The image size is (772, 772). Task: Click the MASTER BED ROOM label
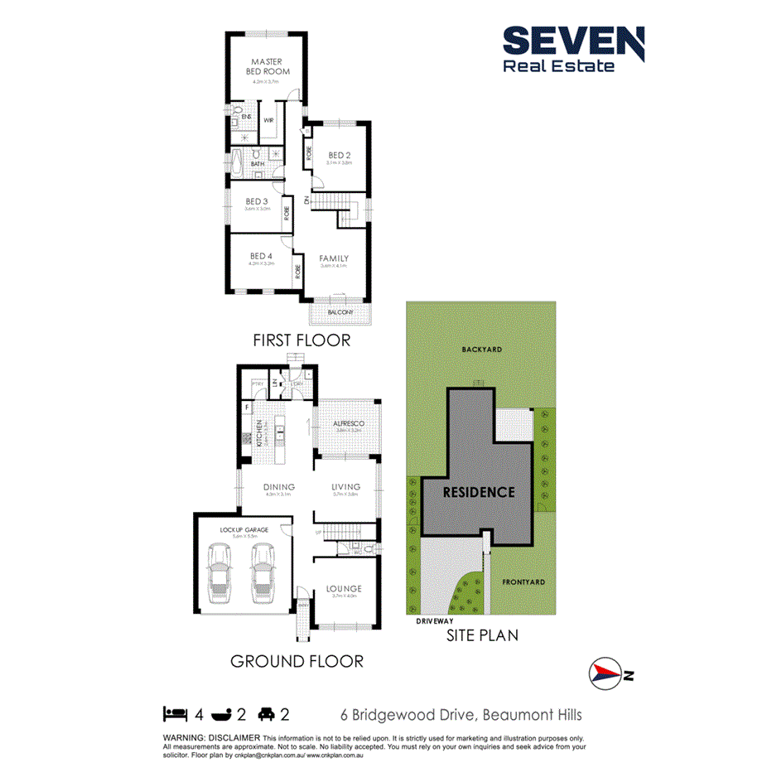[267, 66]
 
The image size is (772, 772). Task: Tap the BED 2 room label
[340, 155]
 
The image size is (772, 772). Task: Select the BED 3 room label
[257, 201]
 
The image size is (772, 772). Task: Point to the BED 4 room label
[261, 256]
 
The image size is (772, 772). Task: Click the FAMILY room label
[334, 258]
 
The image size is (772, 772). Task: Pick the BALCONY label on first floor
[340, 311]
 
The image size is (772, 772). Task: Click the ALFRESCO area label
[349, 424]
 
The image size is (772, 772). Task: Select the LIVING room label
[345, 487]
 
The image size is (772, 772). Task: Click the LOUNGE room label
[344, 588]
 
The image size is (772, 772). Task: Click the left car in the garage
[221, 574]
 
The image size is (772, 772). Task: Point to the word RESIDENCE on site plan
[479, 492]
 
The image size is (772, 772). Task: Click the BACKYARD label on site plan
[482, 350]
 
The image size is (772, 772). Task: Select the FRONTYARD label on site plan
[524, 582]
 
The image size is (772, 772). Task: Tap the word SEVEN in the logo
[573, 42]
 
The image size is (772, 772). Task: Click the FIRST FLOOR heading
[302, 340]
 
